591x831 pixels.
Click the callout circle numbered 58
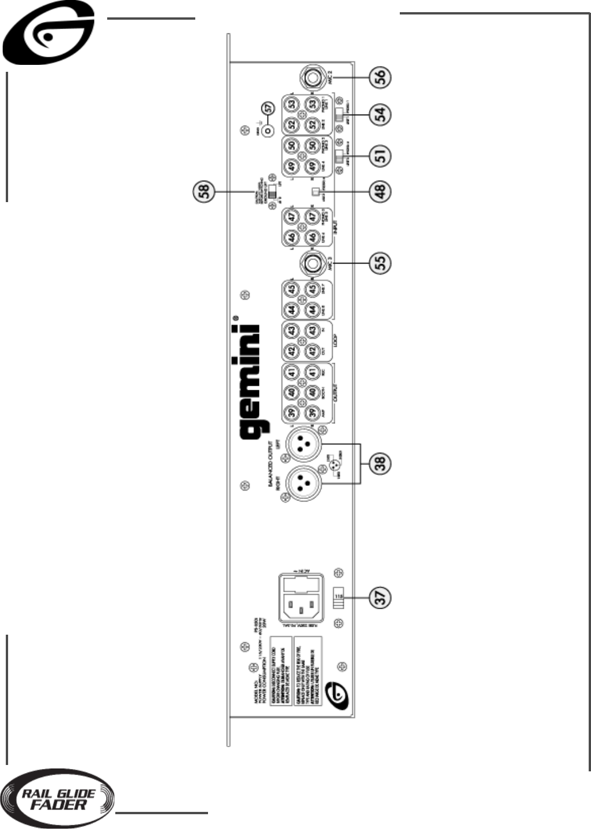tap(204, 191)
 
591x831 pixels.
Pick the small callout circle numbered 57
tap(267, 108)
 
